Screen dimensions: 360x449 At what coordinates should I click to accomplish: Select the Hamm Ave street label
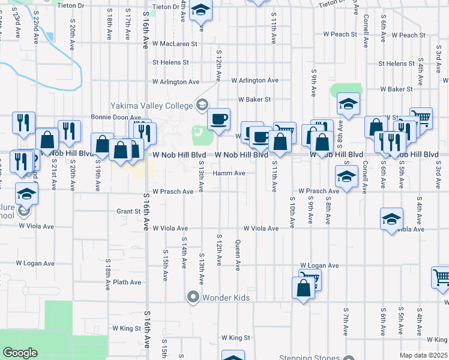click(229, 173)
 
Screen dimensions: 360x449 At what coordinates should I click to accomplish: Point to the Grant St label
click(128, 211)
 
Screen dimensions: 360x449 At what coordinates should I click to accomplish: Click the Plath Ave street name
click(127, 282)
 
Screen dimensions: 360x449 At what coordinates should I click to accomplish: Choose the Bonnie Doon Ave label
click(115, 118)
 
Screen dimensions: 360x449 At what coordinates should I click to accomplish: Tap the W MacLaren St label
click(175, 44)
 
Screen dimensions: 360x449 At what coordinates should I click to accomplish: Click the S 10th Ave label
click(292, 212)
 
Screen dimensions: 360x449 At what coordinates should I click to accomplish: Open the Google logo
click(20, 353)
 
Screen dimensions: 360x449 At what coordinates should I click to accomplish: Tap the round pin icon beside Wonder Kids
click(193, 297)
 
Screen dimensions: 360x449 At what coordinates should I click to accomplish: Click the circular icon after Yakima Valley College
click(202, 106)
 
